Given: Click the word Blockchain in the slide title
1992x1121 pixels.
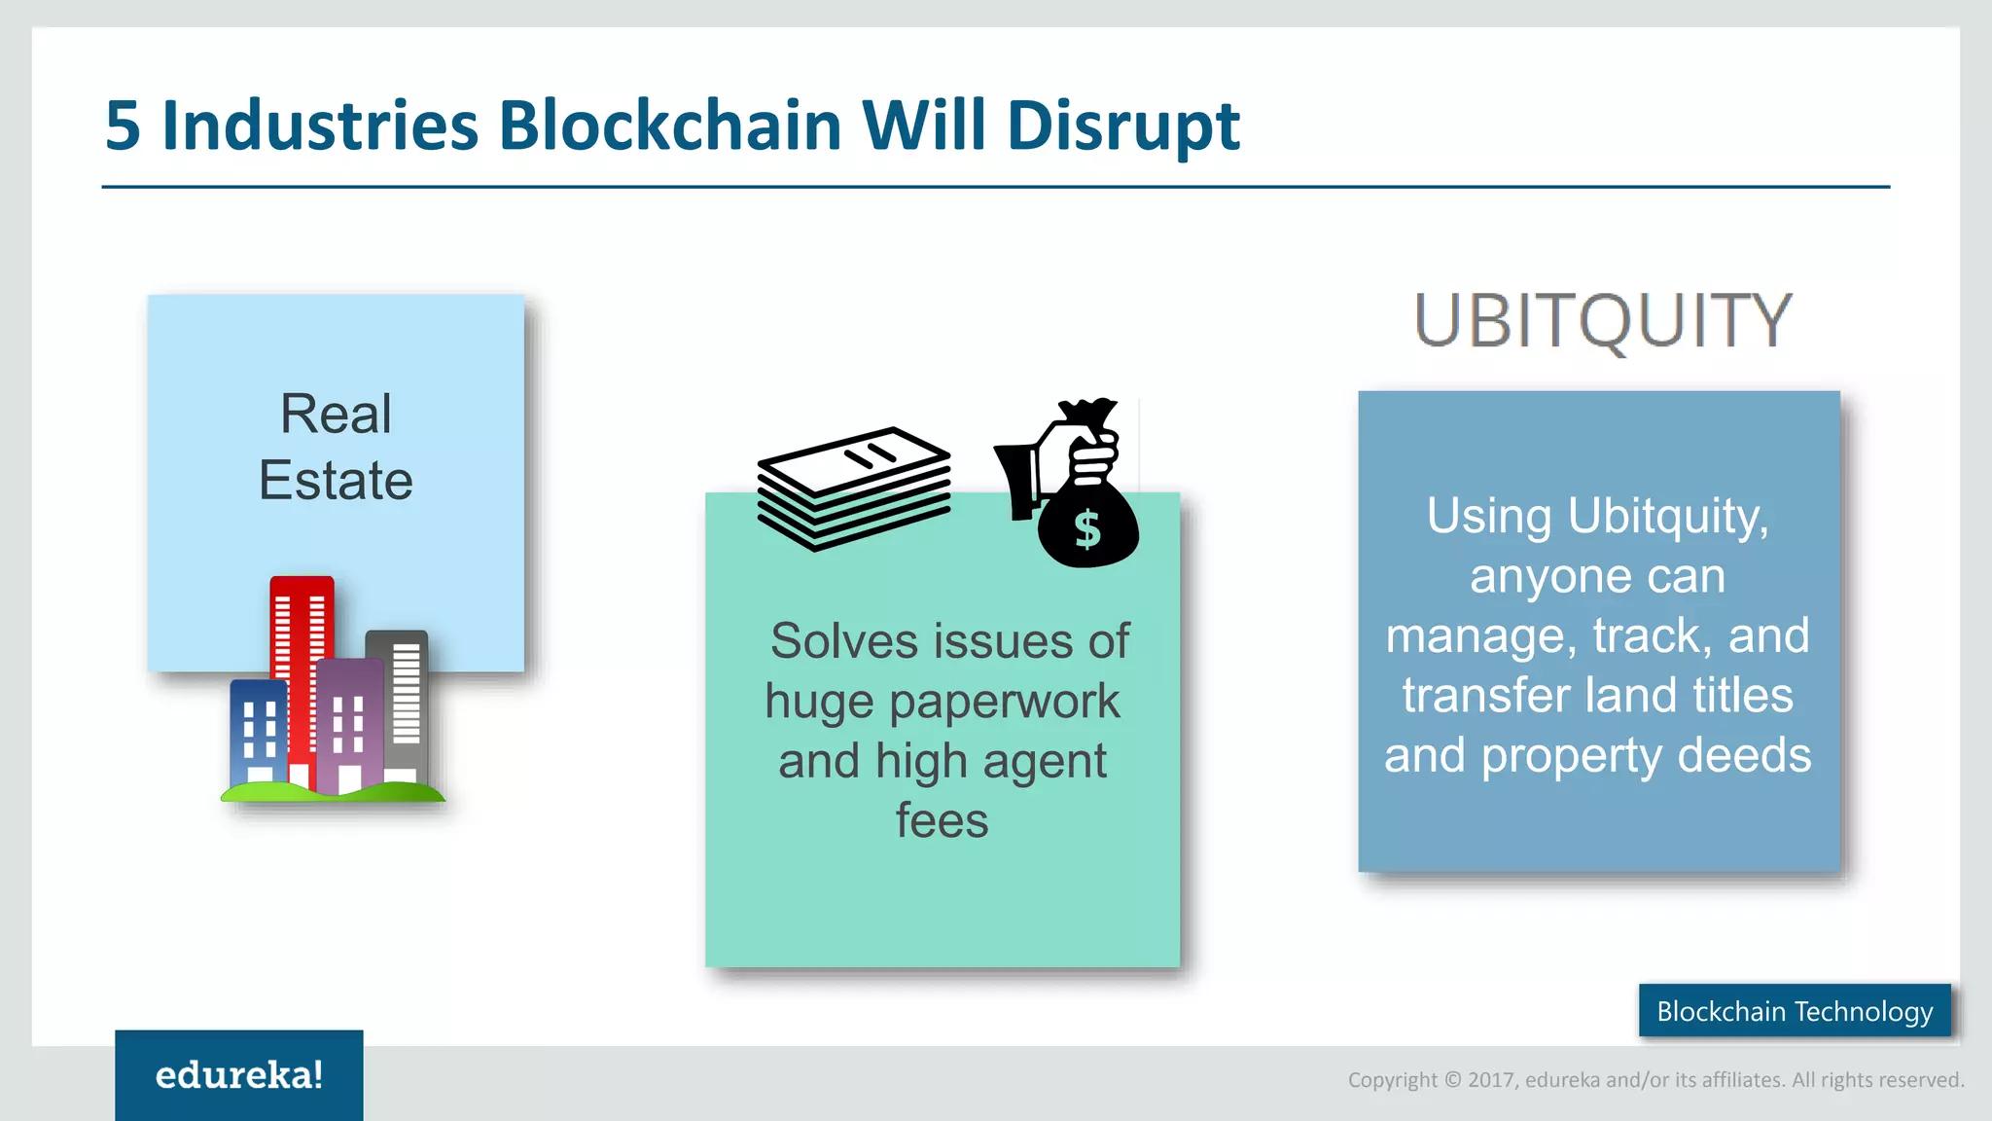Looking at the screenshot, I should (x=669, y=127).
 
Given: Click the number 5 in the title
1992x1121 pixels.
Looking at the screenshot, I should (x=123, y=127).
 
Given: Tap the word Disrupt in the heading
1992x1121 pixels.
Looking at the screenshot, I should (x=1123, y=127).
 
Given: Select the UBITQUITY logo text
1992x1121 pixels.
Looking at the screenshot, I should (x=1602, y=321).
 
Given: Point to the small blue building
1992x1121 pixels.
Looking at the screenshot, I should (x=258, y=730).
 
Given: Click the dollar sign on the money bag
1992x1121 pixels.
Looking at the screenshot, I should (x=1086, y=530).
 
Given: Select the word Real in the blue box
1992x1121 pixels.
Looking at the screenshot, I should (x=336, y=414).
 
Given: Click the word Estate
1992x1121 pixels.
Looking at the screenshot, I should (x=336, y=480).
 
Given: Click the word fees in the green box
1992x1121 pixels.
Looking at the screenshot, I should (x=942, y=820).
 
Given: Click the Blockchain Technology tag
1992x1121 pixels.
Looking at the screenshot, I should (x=1795, y=1011).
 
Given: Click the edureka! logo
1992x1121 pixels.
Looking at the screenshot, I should (x=239, y=1075).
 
